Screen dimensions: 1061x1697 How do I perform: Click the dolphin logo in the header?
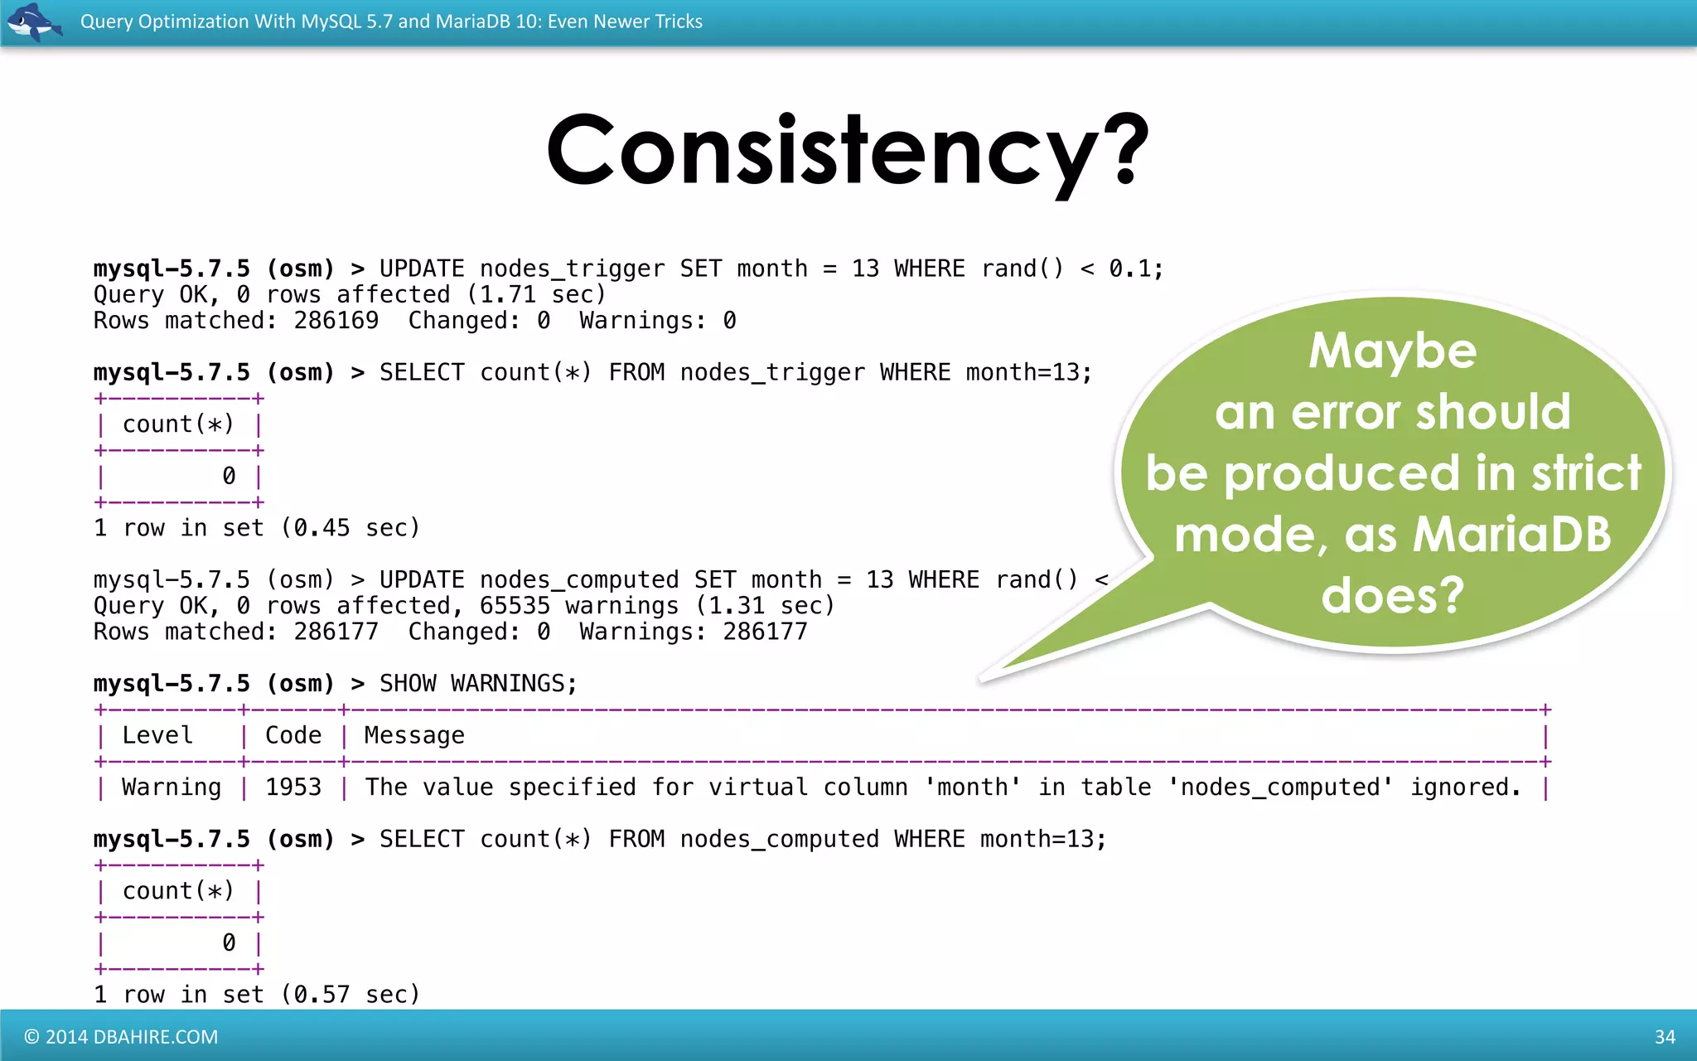point(33,22)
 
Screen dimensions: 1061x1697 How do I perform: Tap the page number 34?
point(1665,1037)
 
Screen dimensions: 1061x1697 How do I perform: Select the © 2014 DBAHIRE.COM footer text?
point(121,1037)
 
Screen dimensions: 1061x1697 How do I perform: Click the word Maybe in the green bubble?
point(1392,351)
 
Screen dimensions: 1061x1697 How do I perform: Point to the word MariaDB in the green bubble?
point(1511,535)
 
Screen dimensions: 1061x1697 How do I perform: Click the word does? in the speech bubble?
point(1392,595)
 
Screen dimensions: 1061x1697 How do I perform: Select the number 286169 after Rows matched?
point(336,321)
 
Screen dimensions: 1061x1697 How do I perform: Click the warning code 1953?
point(293,787)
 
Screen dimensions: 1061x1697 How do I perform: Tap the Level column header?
point(157,735)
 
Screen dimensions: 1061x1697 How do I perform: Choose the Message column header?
point(414,735)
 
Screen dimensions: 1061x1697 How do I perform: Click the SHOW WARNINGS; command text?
point(478,684)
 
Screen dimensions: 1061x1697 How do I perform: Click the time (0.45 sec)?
point(351,528)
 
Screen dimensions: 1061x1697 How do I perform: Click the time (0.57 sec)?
point(351,995)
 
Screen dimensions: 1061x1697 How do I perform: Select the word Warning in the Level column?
point(172,787)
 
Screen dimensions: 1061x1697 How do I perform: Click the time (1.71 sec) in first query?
point(536,295)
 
